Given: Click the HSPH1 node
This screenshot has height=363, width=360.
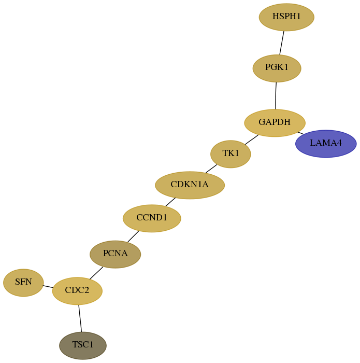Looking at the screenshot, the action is coord(286,17).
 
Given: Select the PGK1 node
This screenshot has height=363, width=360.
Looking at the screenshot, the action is coord(277,68).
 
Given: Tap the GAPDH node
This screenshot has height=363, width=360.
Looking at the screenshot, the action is coord(275,123).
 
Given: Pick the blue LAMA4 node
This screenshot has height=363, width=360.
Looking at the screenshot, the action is coord(326,144).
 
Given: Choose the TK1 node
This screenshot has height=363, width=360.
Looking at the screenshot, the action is coord(231,154).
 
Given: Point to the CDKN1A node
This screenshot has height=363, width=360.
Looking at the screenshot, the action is coord(190,185).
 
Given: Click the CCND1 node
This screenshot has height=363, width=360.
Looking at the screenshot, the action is coord(152,218).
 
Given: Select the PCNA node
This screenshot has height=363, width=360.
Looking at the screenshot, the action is coord(115,254).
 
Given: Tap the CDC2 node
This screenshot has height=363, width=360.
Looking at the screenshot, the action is coord(77,291).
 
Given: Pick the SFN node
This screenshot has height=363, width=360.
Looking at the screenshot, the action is coord(23,283).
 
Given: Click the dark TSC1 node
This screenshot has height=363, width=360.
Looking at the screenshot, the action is coord(83,346).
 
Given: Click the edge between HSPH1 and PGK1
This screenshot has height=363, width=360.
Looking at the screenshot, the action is coord(282,43).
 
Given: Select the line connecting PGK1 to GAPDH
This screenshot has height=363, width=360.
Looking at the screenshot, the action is coord(276,95).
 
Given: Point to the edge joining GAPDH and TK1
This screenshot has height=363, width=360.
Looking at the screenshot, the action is coord(252,139).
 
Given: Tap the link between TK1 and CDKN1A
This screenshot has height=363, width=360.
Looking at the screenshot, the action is coord(211,169).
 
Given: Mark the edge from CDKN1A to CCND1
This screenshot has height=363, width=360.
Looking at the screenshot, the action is coord(170,202).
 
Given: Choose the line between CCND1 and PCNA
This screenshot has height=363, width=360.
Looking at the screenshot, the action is coord(133,236).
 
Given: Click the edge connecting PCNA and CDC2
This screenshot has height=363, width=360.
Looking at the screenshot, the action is coord(96,273).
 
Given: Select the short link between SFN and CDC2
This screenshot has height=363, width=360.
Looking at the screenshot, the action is coord(48,287).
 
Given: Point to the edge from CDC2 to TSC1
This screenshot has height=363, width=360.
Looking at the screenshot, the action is coord(80,318).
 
